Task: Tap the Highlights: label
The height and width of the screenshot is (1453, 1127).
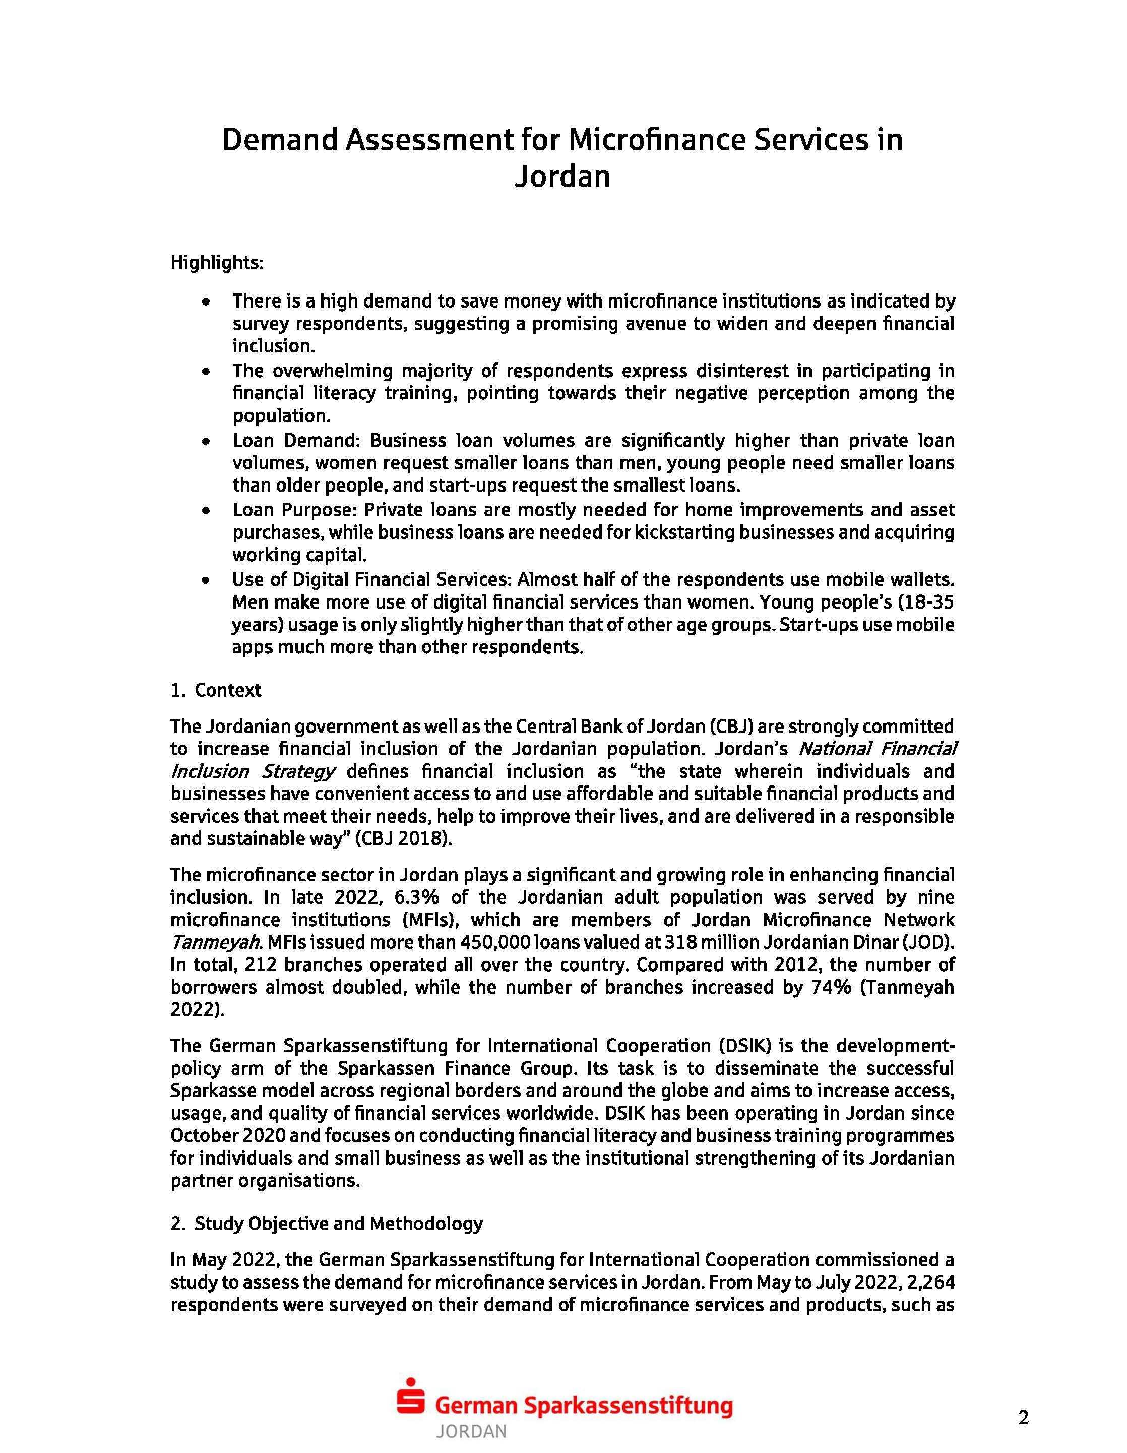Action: coord(217,263)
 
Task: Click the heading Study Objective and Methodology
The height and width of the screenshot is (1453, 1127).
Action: coord(338,1224)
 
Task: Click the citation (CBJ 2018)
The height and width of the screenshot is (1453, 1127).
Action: coord(403,838)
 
